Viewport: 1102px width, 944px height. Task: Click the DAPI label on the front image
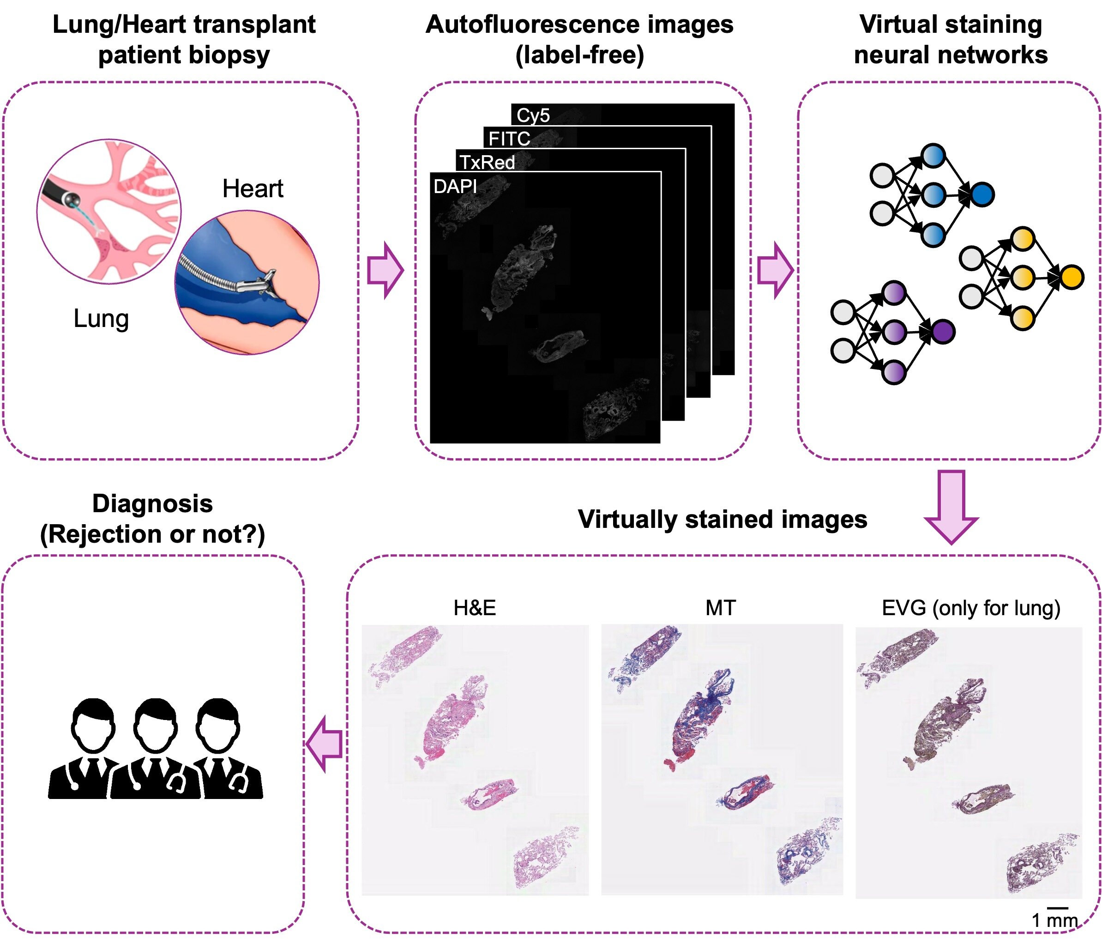pyautogui.click(x=455, y=186)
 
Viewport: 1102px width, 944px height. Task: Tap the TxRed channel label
pyautogui.click(x=487, y=162)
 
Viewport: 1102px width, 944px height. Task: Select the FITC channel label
pyautogui.click(x=509, y=139)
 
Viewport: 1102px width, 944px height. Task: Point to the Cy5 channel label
pyautogui.click(x=533, y=115)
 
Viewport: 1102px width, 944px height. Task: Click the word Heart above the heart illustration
pyautogui.click(x=253, y=188)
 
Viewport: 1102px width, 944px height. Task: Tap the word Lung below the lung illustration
pyautogui.click(x=101, y=318)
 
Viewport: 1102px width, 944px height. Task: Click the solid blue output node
pyautogui.click(x=982, y=195)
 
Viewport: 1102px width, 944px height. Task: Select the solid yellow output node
pyautogui.click(x=1072, y=277)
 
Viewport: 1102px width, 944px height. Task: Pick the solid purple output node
pyautogui.click(x=943, y=332)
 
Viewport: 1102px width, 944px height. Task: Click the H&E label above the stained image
pyautogui.click(x=475, y=608)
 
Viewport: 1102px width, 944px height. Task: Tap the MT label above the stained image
pyautogui.click(x=721, y=608)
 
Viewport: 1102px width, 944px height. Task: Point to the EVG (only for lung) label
pyautogui.click(x=970, y=608)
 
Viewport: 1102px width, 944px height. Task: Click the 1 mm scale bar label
pyautogui.click(x=1054, y=920)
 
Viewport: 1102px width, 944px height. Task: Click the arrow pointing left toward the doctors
pyautogui.click(x=325, y=744)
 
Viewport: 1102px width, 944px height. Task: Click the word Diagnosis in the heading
pyautogui.click(x=153, y=503)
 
